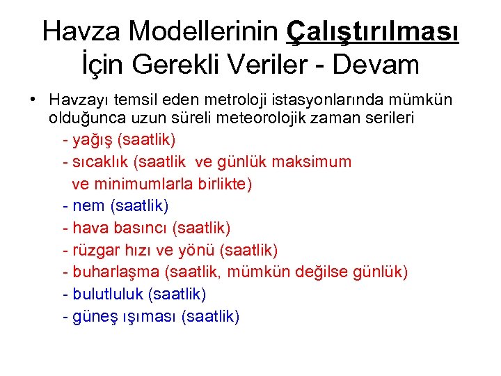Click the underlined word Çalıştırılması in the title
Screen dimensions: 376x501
click(x=373, y=31)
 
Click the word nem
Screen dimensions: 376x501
click(x=88, y=206)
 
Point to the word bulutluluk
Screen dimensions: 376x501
click(x=108, y=294)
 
